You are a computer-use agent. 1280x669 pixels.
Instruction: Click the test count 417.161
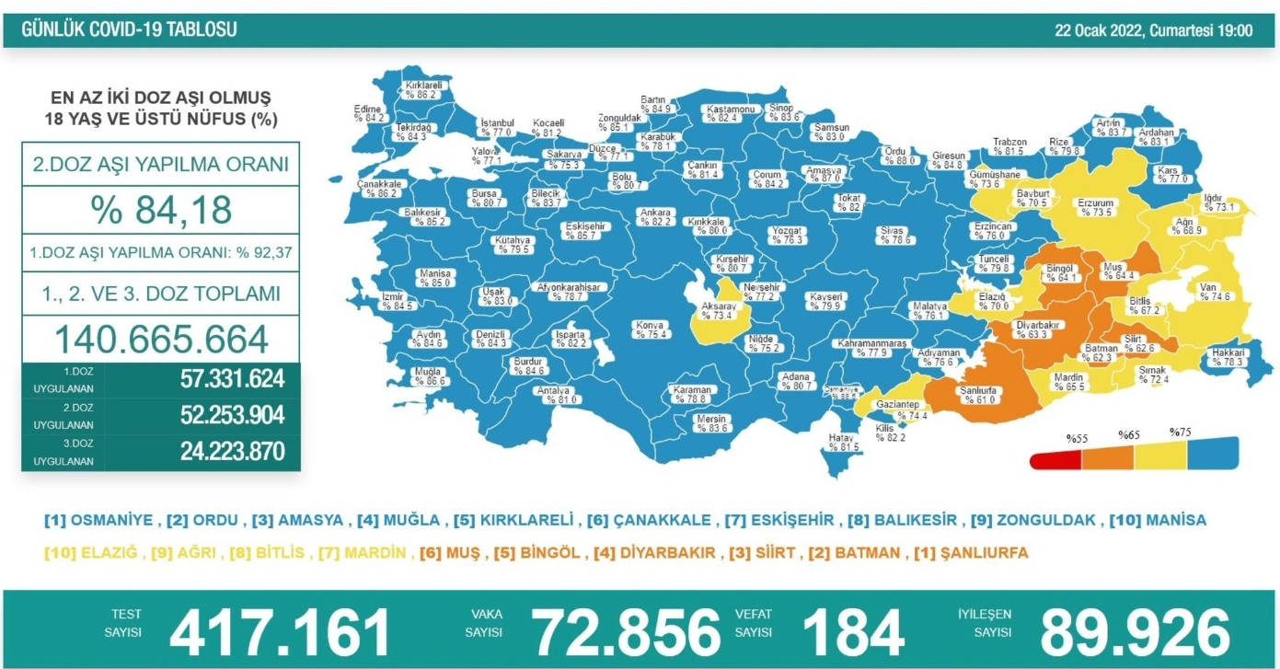coord(281,632)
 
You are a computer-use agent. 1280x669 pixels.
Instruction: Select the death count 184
coord(853,632)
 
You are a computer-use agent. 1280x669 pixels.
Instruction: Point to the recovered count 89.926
coord(1135,632)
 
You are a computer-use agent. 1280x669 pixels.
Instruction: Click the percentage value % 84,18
coord(160,210)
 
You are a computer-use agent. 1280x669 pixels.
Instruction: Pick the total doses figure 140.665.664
coord(161,339)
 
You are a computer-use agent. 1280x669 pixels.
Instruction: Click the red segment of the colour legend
coord(1056,457)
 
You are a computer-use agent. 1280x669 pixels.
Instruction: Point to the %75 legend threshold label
coord(1180,433)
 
